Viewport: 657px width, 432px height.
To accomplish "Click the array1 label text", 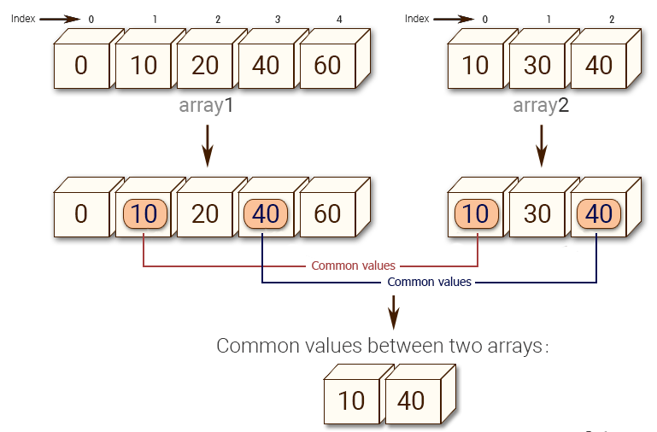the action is [x=206, y=106].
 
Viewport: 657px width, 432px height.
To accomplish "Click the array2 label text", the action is [x=541, y=106].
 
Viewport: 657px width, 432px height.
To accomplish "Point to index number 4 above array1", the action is [x=339, y=20].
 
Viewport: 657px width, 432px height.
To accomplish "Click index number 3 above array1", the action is [x=278, y=20].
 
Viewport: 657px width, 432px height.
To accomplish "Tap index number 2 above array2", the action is [x=612, y=20].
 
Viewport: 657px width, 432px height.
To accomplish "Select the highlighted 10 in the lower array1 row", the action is [x=145, y=214].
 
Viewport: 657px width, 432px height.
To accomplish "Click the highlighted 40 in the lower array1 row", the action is [x=266, y=214].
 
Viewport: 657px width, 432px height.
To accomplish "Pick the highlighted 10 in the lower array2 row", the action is [x=477, y=214].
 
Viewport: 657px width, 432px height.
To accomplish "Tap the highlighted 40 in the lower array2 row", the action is [x=599, y=214].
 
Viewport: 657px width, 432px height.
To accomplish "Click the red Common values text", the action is [x=353, y=266].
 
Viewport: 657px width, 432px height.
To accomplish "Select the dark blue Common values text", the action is [x=429, y=282].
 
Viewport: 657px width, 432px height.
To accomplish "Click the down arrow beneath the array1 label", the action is [x=207, y=146].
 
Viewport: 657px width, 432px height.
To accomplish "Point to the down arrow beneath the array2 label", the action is [x=542, y=146].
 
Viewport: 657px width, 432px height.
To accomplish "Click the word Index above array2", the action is [x=416, y=19].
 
